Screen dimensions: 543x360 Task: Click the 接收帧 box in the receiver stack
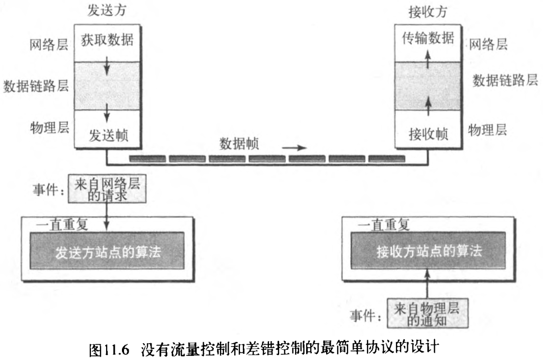coord(428,136)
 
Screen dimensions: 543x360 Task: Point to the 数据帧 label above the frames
coord(239,143)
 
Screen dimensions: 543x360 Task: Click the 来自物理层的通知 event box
coord(426,312)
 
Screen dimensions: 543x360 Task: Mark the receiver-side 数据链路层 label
coord(505,80)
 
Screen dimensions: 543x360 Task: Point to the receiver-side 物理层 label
coord(487,131)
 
